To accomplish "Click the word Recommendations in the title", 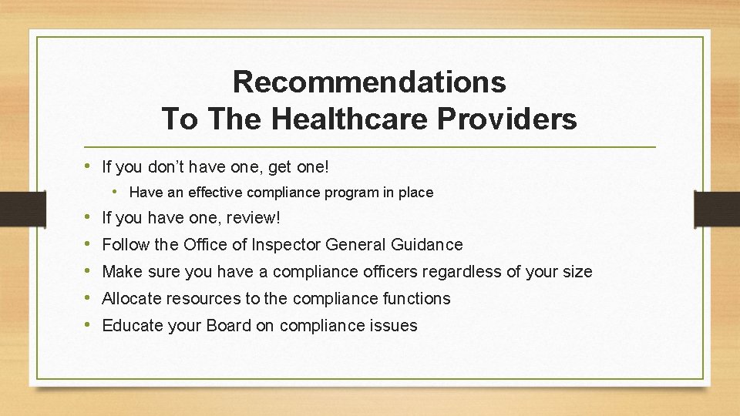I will pyautogui.click(x=369, y=82).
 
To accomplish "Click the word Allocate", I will pyautogui.click(x=130, y=299).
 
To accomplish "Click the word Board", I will pyautogui.click(x=228, y=326).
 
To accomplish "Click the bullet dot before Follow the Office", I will pyautogui.click(x=92, y=245).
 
